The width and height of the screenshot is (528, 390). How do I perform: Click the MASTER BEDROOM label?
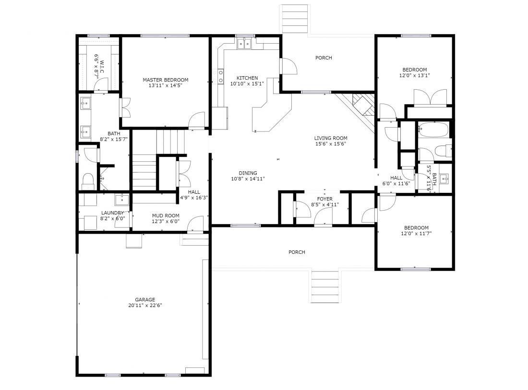(x=165, y=80)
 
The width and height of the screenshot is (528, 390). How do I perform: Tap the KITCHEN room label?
(x=247, y=78)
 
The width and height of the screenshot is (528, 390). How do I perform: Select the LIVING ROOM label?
(x=331, y=138)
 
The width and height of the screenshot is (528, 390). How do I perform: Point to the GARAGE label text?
(x=145, y=299)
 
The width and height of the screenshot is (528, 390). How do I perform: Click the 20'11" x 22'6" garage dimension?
(x=145, y=305)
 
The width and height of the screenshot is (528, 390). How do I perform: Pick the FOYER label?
(x=324, y=199)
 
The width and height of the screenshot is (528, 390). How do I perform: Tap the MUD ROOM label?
(x=166, y=216)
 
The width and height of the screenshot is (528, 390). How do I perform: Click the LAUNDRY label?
(x=112, y=213)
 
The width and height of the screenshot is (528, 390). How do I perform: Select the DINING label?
(x=248, y=173)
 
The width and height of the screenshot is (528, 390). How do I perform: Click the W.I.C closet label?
(x=102, y=67)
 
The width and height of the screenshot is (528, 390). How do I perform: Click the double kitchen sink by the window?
(x=244, y=44)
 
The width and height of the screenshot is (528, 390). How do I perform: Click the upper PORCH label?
(x=324, y=58)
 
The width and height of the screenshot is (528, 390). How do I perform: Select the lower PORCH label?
(x=297, y=252)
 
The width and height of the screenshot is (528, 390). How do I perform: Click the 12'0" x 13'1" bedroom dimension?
(x=415, y=75)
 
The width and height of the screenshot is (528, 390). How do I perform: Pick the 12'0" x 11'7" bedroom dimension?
(x=416, y=233)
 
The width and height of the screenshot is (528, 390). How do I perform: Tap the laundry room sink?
(x=121, y=200)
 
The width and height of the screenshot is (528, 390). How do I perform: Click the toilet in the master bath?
(x=88, y=181)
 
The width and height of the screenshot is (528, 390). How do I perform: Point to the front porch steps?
(x=324, y=286)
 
